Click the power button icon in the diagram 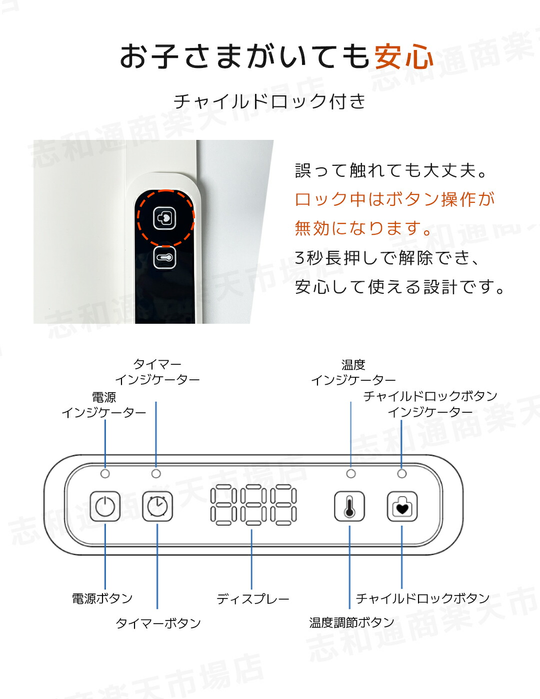[x=105, y=506]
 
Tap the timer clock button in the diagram [x=157, y=506]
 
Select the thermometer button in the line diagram [x=349, y=506]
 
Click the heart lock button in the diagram [x=402, y=506]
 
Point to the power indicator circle [x=105, y=474]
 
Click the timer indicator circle [x=156, y=474]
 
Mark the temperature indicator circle [x=351, y=474]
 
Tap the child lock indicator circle [x=401, y=474]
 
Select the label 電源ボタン [x=102, y=599]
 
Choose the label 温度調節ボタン [x=351, y=623]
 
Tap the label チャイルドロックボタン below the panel [x=422, y=598]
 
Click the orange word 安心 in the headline [x=404, y=56]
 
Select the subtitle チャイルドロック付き [x=269, y=101]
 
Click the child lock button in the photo [x=164, y=218]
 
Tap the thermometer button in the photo [x=164, y=257]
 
